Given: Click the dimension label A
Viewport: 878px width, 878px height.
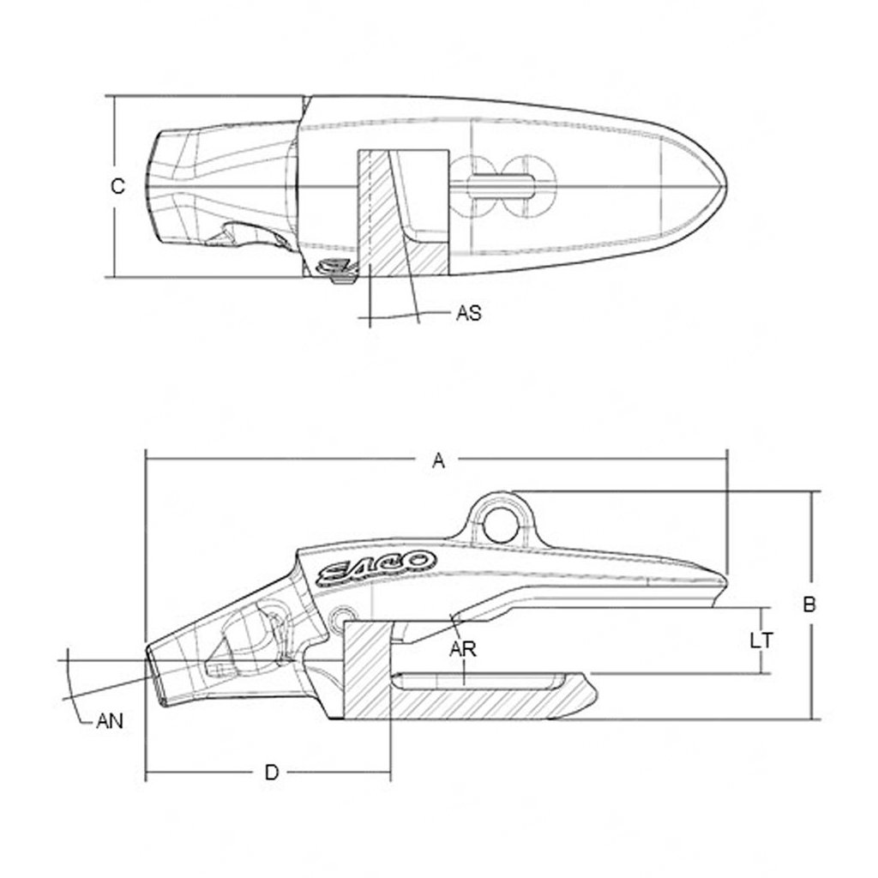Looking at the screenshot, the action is [438, 461].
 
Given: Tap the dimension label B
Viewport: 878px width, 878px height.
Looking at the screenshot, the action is [808, 604].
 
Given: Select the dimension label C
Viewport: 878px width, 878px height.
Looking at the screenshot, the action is [118, 185].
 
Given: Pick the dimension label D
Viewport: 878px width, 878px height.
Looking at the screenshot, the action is [271, 772].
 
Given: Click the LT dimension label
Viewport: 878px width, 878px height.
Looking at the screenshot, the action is [761, 640].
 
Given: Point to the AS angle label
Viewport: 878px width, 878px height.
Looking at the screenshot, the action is [468, 314].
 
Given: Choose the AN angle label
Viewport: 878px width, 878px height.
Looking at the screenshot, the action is [109, 721].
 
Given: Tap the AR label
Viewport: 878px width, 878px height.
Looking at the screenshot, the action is [463, 648].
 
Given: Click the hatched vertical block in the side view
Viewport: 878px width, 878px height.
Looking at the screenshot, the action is [369, 669].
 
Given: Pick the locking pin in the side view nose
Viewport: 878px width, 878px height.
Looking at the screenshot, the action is [249, 639].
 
